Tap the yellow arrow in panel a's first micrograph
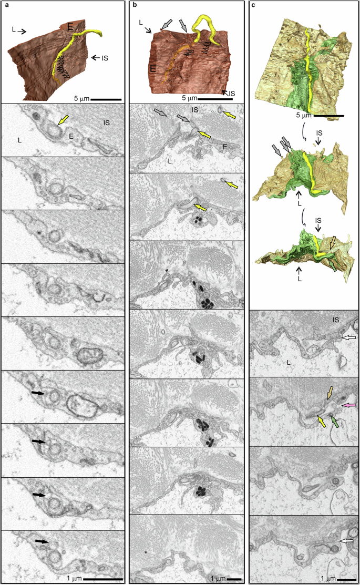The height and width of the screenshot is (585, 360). click(63, 122)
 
